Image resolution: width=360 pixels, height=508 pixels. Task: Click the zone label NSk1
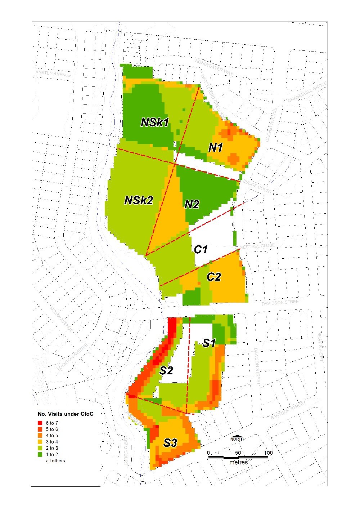[x=155, y=122]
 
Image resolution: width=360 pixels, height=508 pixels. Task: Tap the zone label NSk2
[x=139, y=200]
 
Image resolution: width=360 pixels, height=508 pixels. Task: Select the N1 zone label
[x=216, y=147]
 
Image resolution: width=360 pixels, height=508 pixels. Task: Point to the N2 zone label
[x=192, y=205]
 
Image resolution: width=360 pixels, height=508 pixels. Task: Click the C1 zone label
[x=201, y=249]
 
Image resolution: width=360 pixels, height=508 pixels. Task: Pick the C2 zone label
[x=213, y=277]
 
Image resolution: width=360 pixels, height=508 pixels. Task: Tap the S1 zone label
[x=209, y=343]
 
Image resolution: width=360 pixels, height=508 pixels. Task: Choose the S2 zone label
[x=166, y=370]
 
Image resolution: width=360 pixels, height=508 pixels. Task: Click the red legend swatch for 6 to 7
[x=40, y=423]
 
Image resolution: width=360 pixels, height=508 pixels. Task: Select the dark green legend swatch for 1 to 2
[x=40, y=455]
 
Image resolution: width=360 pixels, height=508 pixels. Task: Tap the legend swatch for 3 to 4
[x=40, y=442]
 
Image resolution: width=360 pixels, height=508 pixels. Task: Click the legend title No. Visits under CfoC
[x=65, y=414]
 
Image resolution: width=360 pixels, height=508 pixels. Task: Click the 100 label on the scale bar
[x=268, y=453]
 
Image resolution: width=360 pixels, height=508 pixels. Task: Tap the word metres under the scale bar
[x=238, y=462]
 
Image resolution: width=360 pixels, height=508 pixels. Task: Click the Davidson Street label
[x=281, y=303]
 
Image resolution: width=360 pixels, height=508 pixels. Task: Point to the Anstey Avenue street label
[x=53, y=73]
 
